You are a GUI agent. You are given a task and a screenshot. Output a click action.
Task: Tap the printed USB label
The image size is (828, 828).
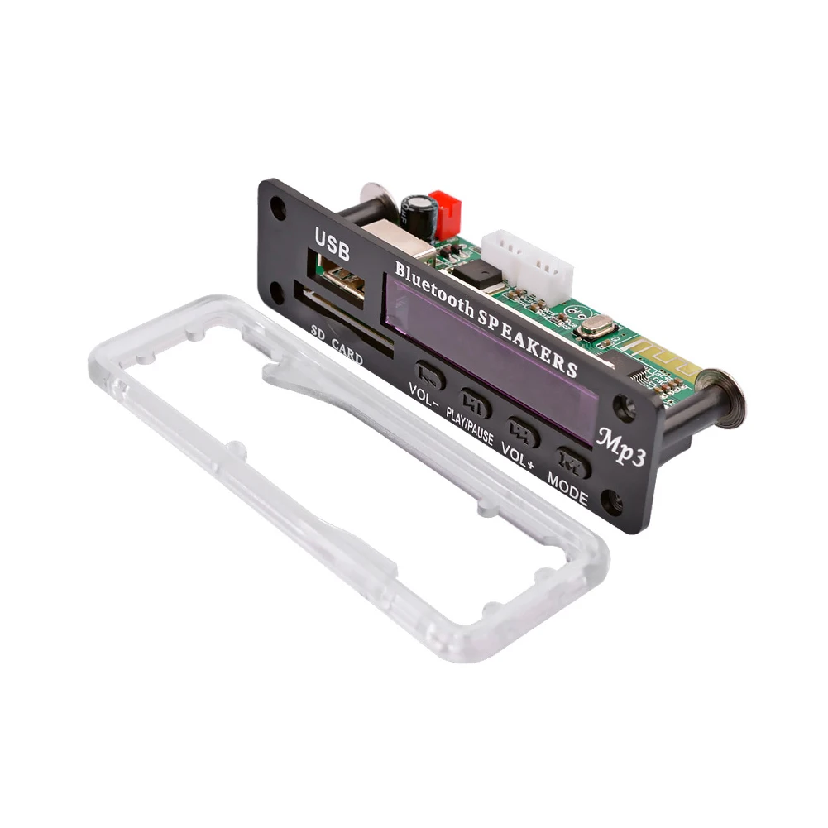(x=332, y=243)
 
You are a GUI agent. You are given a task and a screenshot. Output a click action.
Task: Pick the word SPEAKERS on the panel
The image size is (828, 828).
(x=526, y=336)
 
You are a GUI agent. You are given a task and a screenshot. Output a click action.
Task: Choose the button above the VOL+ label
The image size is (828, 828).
(x=524, y=432)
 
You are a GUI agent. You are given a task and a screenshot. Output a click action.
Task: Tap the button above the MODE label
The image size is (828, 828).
(x=572, y=462)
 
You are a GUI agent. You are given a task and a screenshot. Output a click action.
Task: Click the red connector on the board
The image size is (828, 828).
(x=444, y=213)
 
